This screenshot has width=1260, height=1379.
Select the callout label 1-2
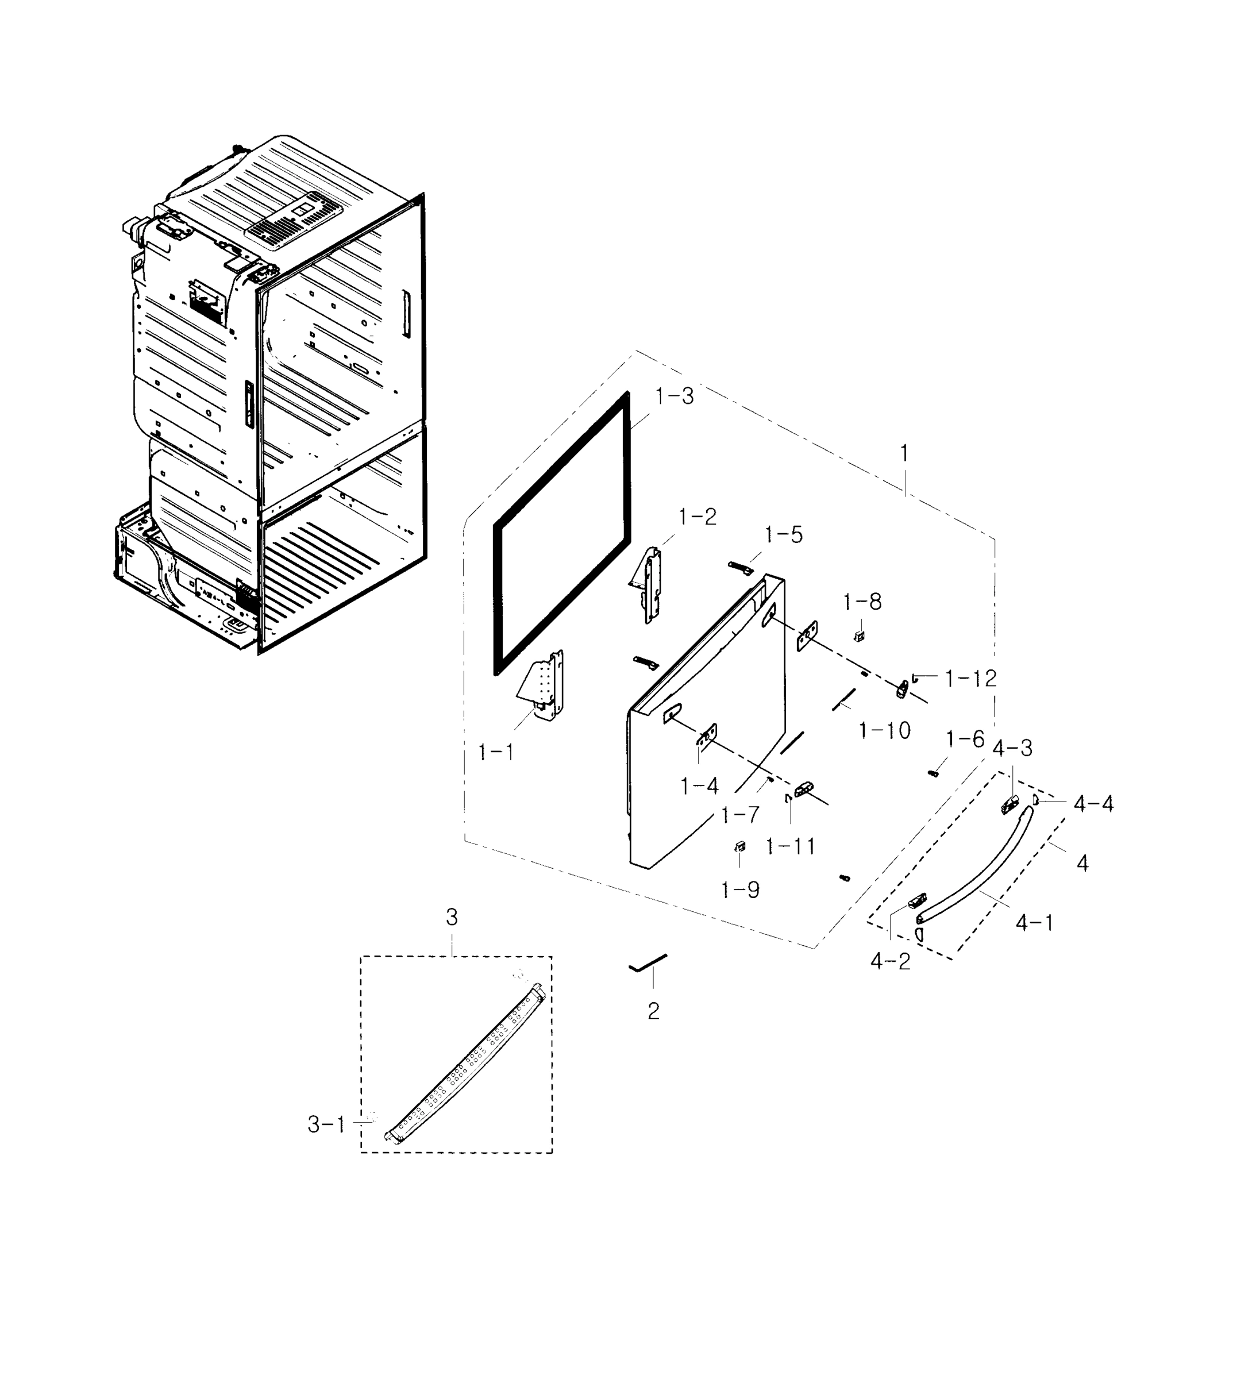pos(697,517)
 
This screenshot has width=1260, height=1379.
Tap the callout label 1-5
pos(783,535)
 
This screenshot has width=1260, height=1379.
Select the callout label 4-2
pos(890,961)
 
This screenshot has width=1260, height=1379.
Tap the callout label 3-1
pos(326,1124)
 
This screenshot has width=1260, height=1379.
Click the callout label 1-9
pos(739,890)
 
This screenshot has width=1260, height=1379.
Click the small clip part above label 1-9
pos(739,847)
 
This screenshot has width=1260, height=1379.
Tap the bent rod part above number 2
pos(647,962)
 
